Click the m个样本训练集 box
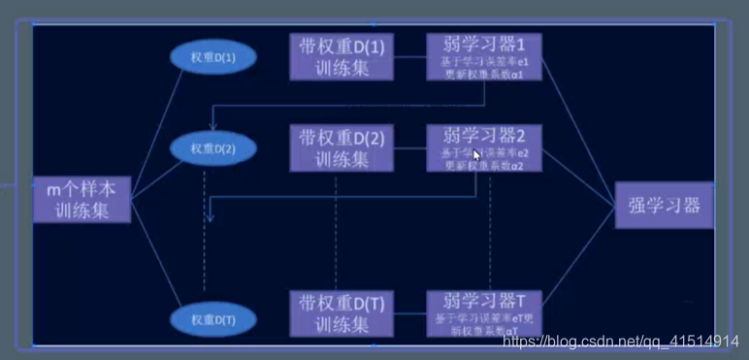[81, 199]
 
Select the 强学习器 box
[664, 205]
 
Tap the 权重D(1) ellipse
[212, 59]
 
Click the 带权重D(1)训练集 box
[342, 56]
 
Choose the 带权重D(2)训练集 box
[342, 147]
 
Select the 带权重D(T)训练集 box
[342, 313]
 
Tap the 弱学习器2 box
[484, 147]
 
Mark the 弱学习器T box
[484, 312]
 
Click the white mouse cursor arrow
[476, 155]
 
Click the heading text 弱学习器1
[484, 46]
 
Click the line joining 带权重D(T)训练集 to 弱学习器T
[410, 313]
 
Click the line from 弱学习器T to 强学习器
[578, 267]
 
